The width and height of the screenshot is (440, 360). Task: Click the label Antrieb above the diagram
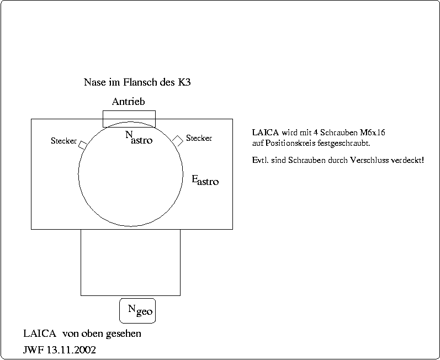click(x=128, y=102)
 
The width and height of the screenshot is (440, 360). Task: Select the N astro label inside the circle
click(x=138, y=137)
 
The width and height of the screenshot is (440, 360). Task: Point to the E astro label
click(x=205, y=180)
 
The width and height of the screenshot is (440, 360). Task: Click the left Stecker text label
click(x=63, y=141)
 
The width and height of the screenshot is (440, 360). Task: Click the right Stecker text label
click(x=199, y=138)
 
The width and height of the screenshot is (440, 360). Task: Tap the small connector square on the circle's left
click(x=82, y=145)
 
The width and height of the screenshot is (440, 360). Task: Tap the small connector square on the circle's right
click(x=178, y=140)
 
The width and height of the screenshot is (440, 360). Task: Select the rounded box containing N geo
click(x=137, y=311)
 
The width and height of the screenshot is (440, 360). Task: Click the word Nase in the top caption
click(x=94, y=83)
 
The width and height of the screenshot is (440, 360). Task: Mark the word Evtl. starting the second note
click(x=259, y=161)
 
